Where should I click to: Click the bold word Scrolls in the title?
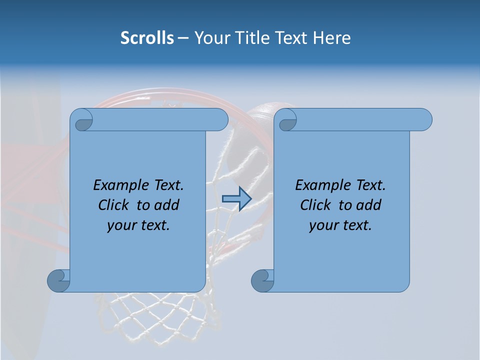(147, 38)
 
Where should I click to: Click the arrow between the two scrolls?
(236, 199)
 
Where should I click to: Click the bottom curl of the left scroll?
(58, 280)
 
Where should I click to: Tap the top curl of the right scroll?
(287, 120)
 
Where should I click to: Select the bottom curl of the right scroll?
(262, 280)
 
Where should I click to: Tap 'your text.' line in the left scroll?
(138, 225)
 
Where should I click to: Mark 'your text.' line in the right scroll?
(340, 225)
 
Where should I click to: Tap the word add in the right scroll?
(369, 205)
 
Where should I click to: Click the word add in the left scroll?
(167, 205)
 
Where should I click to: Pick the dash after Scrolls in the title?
(183, 38)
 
